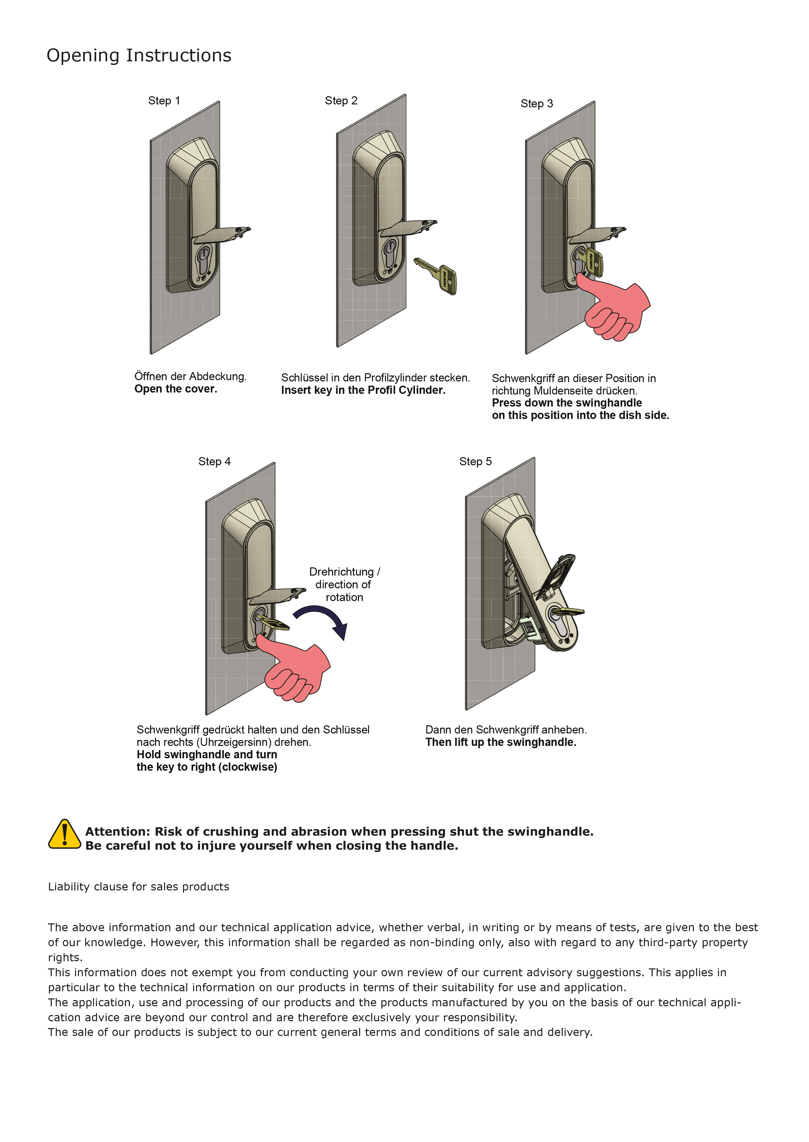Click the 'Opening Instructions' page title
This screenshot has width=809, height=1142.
139,55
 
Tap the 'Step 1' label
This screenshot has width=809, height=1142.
164,100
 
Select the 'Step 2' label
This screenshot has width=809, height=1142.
341,100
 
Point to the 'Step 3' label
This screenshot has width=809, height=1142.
537,104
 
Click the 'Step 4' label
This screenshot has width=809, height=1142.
214,461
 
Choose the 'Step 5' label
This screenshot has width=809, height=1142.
475,461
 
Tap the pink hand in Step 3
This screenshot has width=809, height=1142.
618,309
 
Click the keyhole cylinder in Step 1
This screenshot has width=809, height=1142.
203,262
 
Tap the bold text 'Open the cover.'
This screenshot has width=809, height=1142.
176,389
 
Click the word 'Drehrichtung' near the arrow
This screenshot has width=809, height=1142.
341,572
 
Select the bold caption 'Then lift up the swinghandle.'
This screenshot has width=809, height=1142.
501,742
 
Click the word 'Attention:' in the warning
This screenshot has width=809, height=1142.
117,832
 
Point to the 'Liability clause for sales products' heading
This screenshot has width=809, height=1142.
139,887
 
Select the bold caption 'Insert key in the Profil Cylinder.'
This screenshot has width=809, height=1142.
363,390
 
